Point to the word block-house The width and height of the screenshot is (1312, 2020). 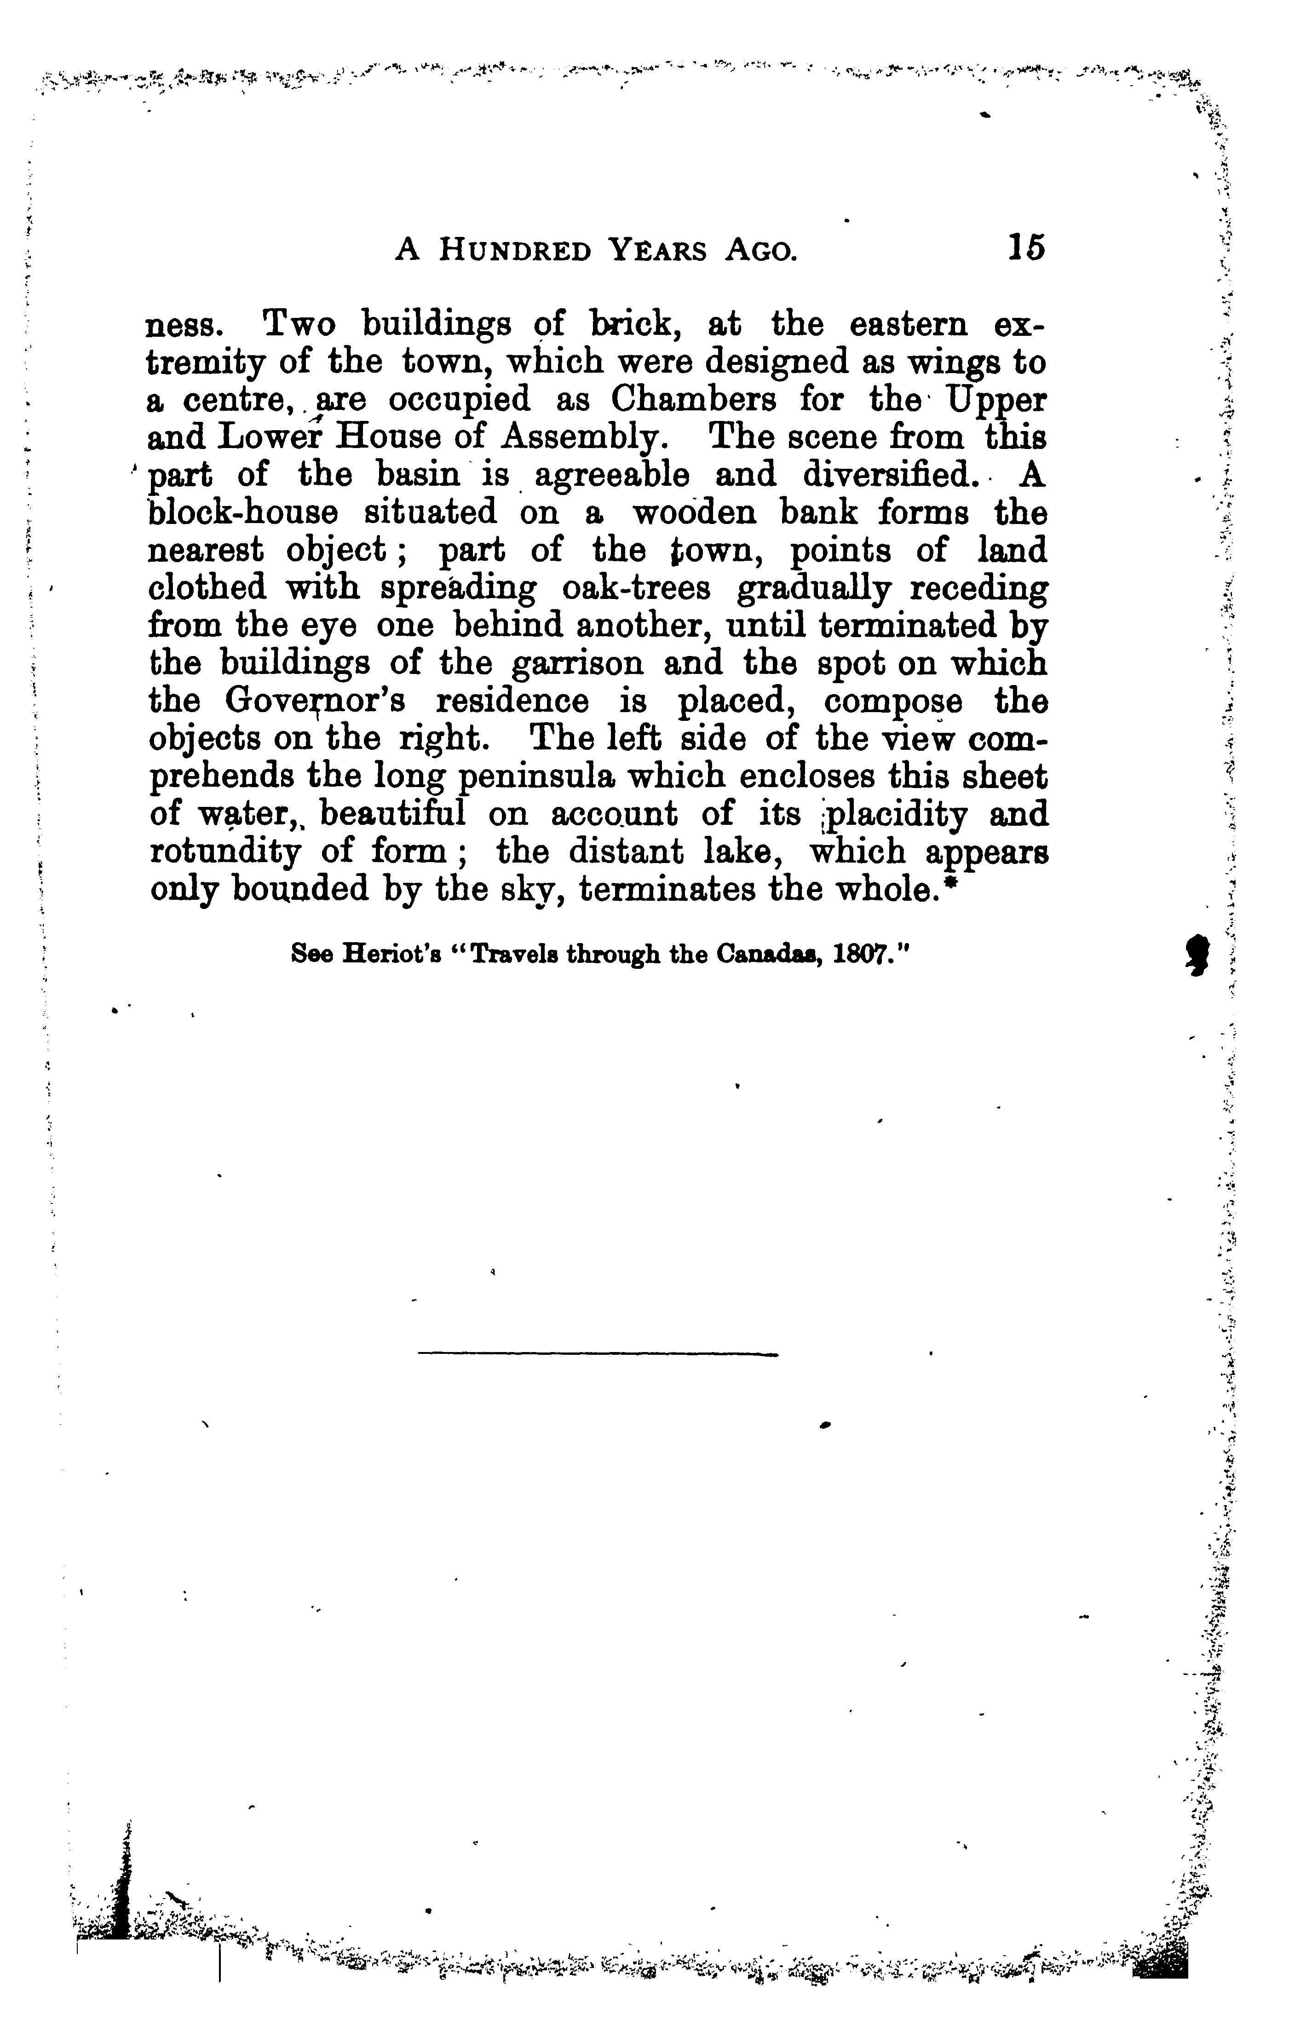(243, 512)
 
